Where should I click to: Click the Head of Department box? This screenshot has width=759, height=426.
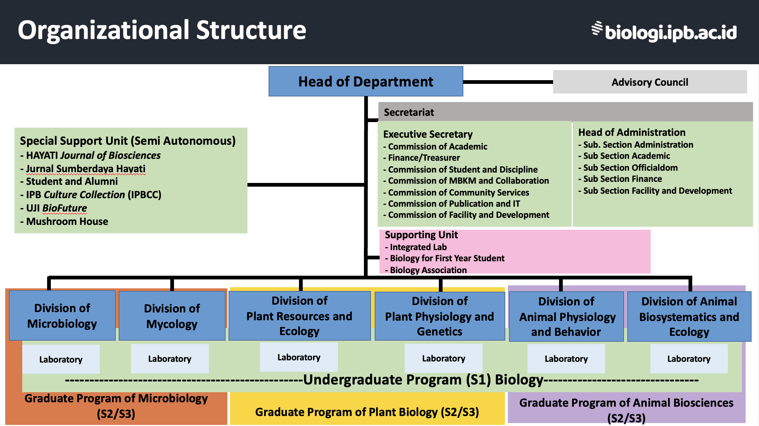coord(366,82)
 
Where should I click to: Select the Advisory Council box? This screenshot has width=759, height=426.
coord(650,82)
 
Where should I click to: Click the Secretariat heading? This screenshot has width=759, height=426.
coord(409,112)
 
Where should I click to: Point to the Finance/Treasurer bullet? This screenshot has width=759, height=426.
coord(424,158)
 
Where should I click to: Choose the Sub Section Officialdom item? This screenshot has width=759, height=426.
coord(630,168)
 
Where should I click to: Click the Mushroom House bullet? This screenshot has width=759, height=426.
coord(67,222)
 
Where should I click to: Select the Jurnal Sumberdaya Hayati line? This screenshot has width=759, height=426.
coord(86,169)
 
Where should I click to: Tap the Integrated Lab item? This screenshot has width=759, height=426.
coord(418,247)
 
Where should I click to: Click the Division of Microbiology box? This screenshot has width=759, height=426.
coord(62,316)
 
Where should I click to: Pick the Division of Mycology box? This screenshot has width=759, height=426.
coord(172,316)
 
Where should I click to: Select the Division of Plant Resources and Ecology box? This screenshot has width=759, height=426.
coord(299,316)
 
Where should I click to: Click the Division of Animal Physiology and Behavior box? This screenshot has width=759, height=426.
coord(566,317)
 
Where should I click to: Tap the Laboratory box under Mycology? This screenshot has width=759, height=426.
coord(170,359)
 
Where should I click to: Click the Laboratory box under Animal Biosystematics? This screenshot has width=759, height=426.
coord(689,359)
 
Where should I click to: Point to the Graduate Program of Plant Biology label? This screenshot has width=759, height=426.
coord(367,412)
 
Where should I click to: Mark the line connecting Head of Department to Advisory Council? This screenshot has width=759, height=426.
coord(508,82)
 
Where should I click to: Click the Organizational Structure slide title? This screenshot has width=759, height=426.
coord(162,30)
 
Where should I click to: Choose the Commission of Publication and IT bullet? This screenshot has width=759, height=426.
coord(454,204)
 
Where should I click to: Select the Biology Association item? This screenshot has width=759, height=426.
coord(428,270)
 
